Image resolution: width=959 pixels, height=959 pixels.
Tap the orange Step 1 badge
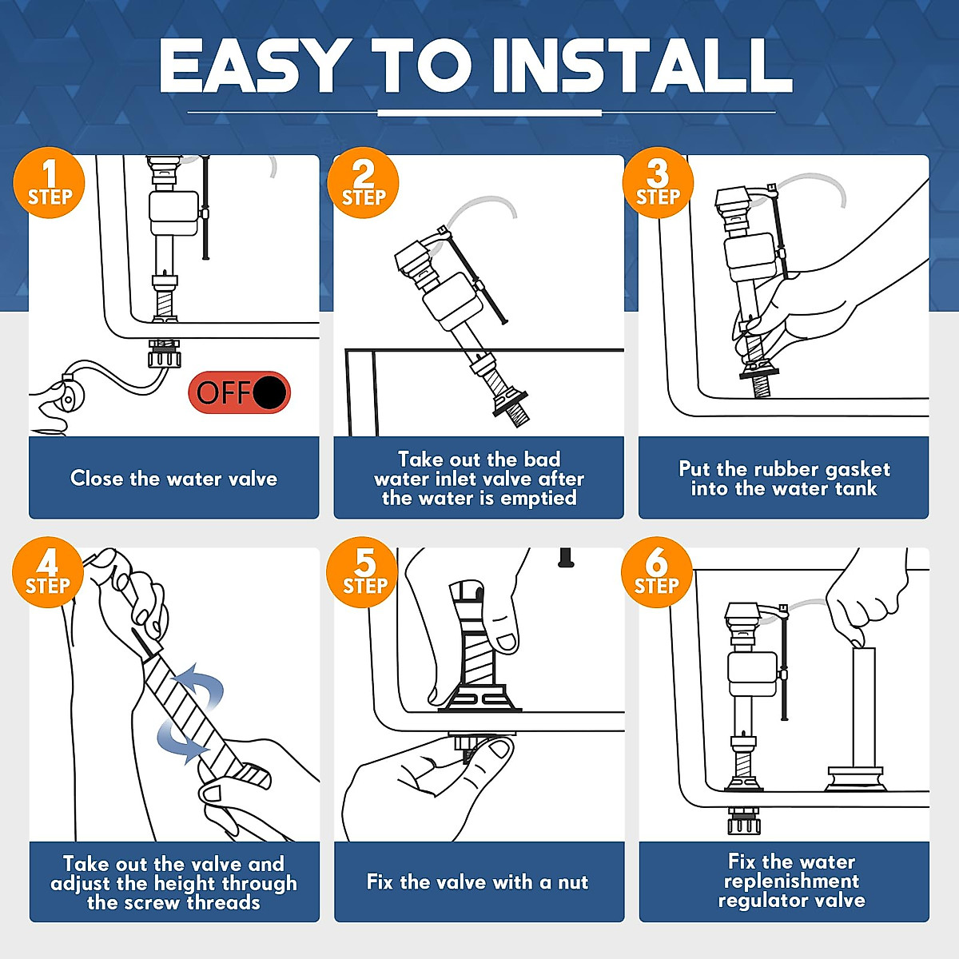pyautogui.click(x=50, y=183)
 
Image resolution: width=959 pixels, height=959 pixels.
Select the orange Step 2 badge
pyautogui.click(x=364, y=183)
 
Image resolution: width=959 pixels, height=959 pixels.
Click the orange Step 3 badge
pyautogui.click(x=658, y=183)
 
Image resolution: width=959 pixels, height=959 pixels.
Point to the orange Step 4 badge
pyautogui.click(x=48, y=572)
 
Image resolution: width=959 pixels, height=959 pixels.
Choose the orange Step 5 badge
pyautogui.click(x=362, y=572)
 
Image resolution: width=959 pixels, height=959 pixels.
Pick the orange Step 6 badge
pyautogui.click(x=657, y=572)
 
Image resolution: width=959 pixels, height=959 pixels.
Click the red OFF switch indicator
pyautogui.click(x=240, y=392)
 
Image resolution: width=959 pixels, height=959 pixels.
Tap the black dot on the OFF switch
pyautogui.click(x=270, y=392)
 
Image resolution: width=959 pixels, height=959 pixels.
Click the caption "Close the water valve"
pyautogui.click(x=173, y=479)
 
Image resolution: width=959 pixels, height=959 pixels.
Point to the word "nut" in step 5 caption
pyautogui.click(x=573, y=883)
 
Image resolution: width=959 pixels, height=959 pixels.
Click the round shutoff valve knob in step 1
pyautogui.click(x=70, y=396)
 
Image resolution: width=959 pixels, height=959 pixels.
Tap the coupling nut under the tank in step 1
pyautogui.click(x=165, y=354)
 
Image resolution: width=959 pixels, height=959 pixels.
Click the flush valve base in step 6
pyautogui.click(x=855, y=779)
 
